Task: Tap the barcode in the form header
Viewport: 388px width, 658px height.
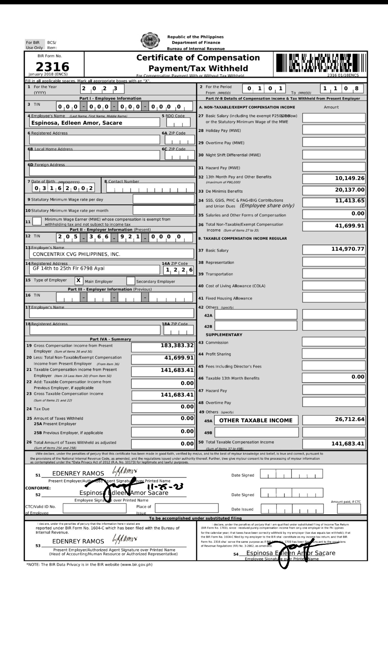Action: pos(320,63)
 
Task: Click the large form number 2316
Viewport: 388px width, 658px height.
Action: pos(52,66)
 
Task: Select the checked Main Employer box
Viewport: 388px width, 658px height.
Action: pos(79,281)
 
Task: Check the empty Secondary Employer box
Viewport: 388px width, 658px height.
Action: pos(131,281)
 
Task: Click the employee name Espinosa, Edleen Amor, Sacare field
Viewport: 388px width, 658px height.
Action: pos(94,123)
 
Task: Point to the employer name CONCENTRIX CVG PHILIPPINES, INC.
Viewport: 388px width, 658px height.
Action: pos(76,254)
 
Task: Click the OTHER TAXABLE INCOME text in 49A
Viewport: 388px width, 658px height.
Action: pos(256,420)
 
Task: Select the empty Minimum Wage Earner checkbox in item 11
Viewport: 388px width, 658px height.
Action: pos(37,221)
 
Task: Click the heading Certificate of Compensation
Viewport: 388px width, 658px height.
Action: pos(198,58)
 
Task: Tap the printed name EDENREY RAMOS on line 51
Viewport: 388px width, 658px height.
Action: pos(78,474)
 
